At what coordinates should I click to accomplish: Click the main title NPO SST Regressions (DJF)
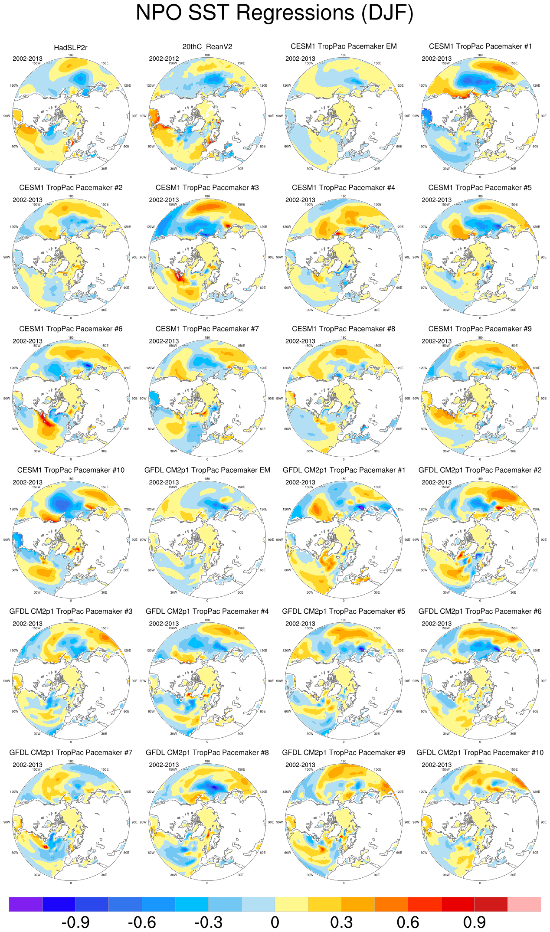click(x=275, y=13)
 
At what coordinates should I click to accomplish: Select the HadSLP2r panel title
click(x=71, y=48)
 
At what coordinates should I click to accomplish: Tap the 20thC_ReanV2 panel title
click(x=207, y=47)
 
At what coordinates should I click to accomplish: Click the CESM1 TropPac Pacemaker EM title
click(x=344, y=46)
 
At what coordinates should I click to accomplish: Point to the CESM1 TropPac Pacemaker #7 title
click(x=207, y=329)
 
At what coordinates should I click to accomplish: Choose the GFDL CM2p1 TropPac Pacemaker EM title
click(x=207, y=470)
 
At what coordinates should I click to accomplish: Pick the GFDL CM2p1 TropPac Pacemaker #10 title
click(x=480, y=752)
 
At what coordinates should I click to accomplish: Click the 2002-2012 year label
click(x=164, y=59)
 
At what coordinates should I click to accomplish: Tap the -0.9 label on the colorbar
click(x=75, y=922)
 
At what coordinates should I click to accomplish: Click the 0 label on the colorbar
click(x=275, y=922)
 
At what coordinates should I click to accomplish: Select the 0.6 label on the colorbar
click(x=408, y=922)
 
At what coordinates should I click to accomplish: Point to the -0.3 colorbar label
click(x=208, y=922)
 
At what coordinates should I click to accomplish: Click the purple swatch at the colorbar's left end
click(x=26, y=904)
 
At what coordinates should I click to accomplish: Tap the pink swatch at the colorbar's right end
click(x=524, y=904)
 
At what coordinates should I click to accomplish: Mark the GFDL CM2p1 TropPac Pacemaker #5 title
click(x=344, y=611)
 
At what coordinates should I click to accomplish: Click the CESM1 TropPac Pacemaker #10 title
click(x=71, y=470)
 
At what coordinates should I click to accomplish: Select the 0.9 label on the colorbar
click(x=474, y=922)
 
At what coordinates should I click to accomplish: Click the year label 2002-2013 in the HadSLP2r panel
click(x=27, y=59)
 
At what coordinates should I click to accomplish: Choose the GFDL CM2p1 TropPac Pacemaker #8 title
click(x=207, y=752)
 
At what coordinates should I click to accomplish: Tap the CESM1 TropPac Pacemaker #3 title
click(x=207, y=187)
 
